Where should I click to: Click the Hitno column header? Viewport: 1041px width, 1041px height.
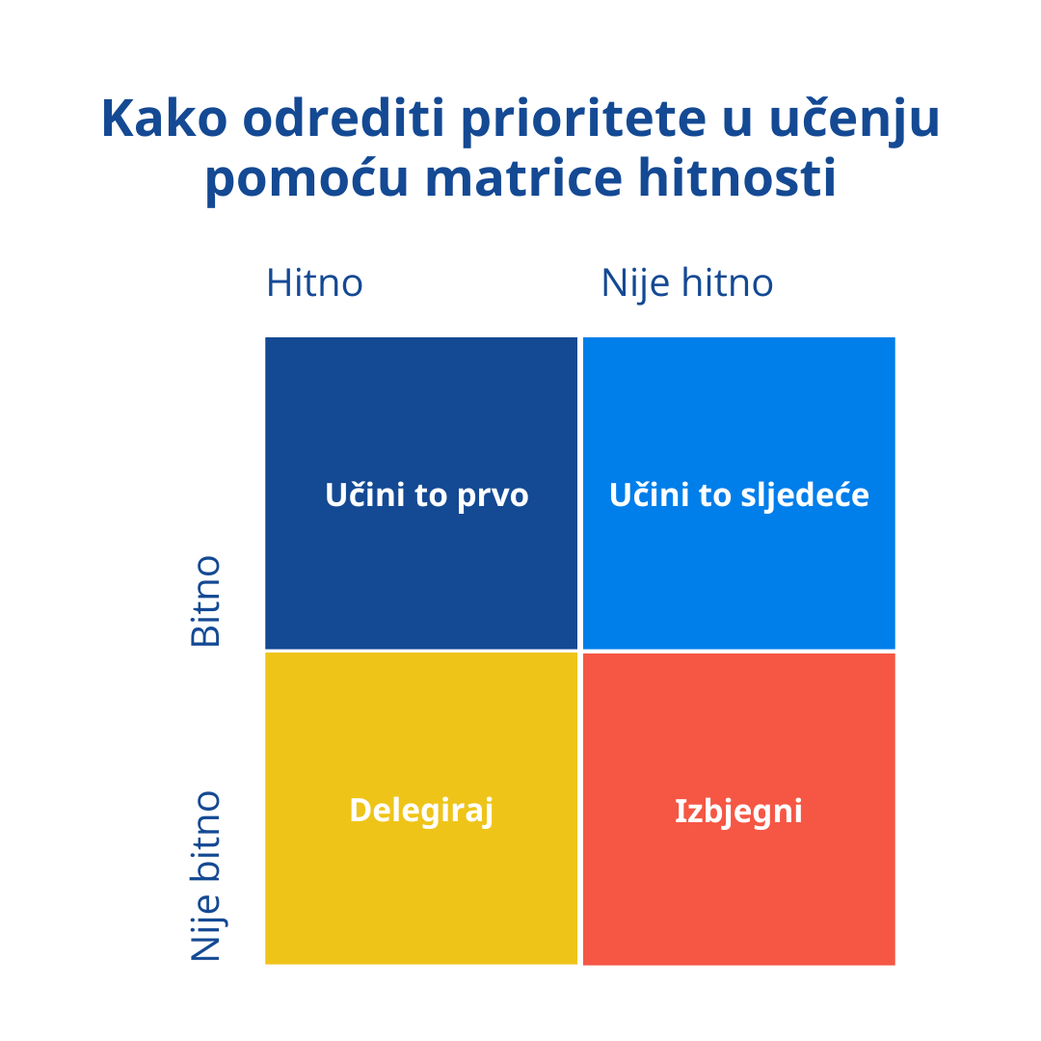[314, 283]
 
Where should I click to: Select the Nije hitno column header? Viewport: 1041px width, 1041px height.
[687, 283]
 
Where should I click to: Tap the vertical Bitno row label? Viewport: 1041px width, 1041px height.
[205, 601]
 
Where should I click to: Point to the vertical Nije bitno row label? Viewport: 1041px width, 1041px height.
[205, 876]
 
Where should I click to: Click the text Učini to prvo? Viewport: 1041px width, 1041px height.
[427, 494]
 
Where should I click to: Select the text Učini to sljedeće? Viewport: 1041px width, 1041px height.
[739, 495]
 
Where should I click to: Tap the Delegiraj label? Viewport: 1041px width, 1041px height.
[421, 811]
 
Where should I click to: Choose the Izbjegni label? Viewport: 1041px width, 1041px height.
[738, 812]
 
